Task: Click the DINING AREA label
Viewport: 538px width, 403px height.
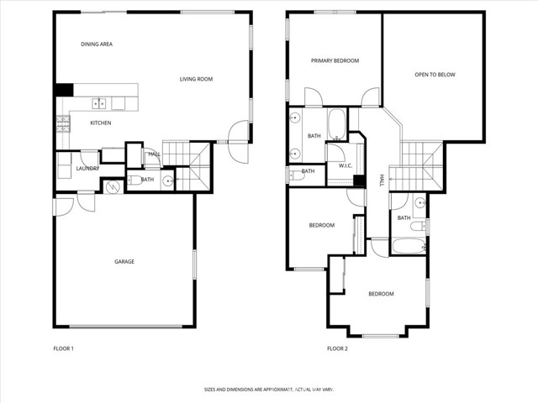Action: pos(97,44)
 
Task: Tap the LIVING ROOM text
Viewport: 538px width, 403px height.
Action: pos(196,80)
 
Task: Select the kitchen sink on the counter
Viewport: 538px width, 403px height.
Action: pos(98,104)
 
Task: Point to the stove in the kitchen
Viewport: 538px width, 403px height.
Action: pos(62,123)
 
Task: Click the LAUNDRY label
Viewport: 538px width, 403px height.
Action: pos(87,168)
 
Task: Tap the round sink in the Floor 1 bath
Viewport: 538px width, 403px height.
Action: pos(168,180)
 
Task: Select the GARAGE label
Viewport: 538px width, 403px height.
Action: pos(124,261)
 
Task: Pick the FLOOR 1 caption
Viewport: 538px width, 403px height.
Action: pos(63,348)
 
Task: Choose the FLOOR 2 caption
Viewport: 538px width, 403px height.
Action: pos(337,348)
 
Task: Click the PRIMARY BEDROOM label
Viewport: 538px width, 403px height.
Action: pos(335,60)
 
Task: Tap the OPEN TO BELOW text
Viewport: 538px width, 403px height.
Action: pos(435,75)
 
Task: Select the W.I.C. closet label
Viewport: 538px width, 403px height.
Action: pos(345,165)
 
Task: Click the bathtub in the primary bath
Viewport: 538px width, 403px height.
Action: pos(335,124)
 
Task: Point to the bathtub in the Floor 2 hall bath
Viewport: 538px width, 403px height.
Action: pos(409,247)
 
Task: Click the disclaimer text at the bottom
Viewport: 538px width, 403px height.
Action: pos(268,390)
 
